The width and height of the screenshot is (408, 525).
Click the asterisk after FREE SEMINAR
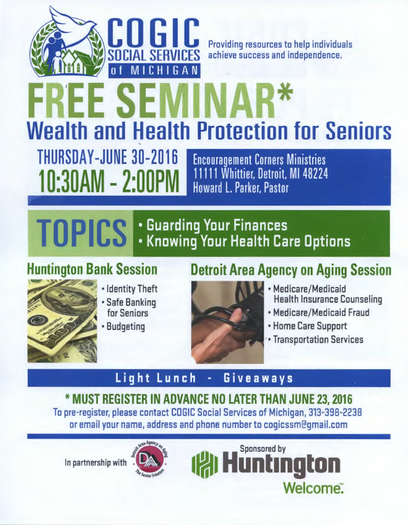284,94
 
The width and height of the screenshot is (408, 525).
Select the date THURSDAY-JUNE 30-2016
107,157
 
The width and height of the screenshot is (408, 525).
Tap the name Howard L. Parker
226,188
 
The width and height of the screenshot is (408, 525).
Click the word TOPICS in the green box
82,232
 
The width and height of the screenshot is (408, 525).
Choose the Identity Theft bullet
130,289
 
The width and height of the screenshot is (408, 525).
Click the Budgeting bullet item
123,326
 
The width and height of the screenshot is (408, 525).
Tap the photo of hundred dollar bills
62,321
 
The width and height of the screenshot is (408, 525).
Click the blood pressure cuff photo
227,322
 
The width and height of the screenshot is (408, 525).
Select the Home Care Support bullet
308,326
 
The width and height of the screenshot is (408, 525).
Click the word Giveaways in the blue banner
258,378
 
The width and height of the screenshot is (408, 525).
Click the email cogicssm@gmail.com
305,425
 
